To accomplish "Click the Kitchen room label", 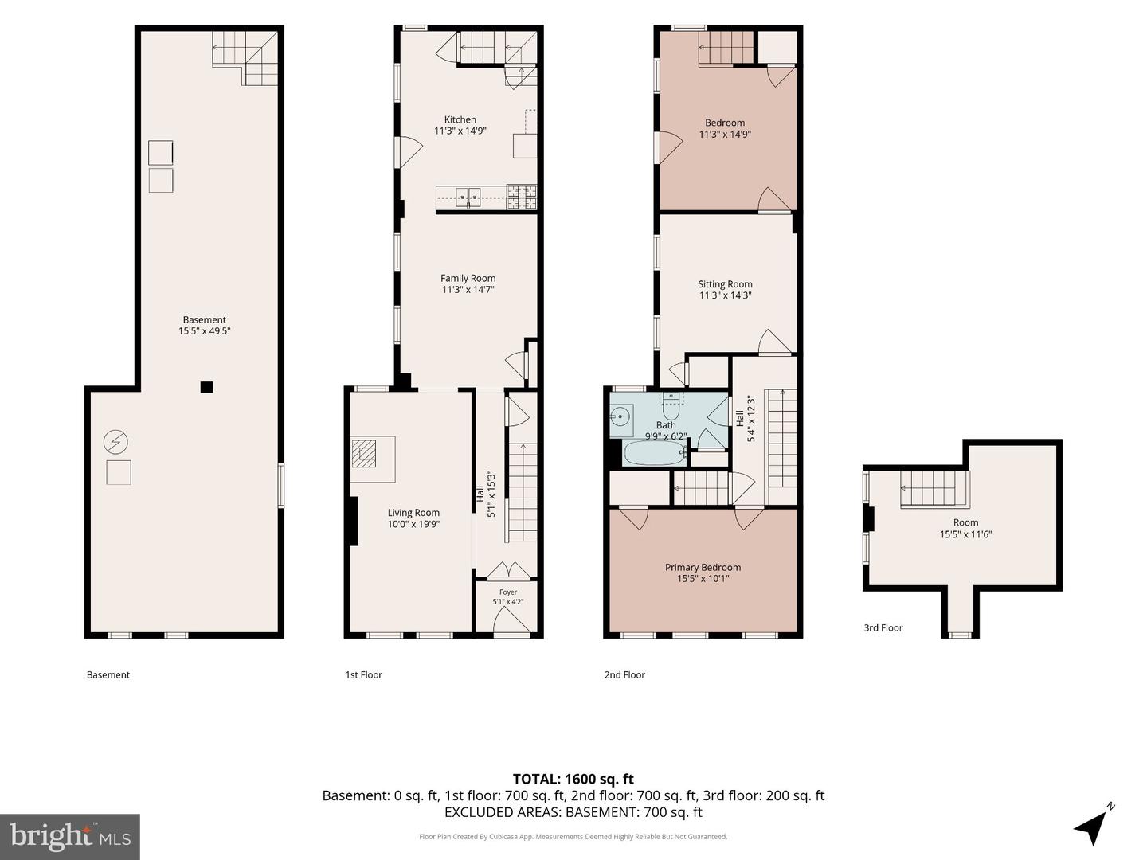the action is (460, 119).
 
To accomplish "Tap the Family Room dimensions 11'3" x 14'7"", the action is (468, 289).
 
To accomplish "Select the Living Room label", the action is (413, 513).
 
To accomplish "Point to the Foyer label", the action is (508, 592).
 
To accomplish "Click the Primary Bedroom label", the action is (703, 567).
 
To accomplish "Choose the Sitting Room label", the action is (726, 284).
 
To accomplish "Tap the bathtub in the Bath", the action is (656, 453).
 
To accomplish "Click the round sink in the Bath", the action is (621, 416).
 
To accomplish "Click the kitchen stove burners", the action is (522, 197).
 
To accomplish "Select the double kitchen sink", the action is (468, 197).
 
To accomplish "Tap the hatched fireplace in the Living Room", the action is (364, 453).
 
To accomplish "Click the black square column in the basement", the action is (207, 387).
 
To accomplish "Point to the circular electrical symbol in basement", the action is (115, 442).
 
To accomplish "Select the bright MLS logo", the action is (70, 836).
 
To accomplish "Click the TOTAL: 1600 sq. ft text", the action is (573, 779).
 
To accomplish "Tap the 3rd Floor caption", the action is (883, 627).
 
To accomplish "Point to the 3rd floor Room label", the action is (965, 522).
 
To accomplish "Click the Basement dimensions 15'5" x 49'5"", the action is (205, 330).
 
